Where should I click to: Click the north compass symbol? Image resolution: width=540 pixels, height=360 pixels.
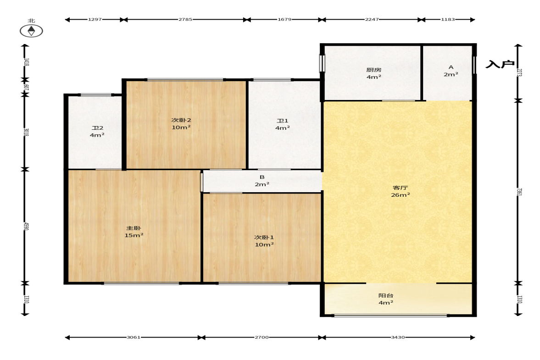[31, 31]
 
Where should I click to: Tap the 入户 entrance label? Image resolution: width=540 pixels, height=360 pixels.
[500, 64]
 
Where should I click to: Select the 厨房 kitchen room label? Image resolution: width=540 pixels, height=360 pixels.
[373, 70]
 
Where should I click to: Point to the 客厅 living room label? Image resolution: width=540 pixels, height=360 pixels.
[400, 188]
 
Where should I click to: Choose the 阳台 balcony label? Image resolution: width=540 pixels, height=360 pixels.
[386, 295]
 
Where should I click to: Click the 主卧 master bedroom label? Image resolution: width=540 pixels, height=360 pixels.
[134, 228]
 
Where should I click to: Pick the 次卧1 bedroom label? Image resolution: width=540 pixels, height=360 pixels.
[264, 237]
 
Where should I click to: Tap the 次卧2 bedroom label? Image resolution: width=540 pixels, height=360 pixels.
[181, 120]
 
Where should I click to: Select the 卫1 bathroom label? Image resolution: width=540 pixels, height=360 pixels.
[283, 121]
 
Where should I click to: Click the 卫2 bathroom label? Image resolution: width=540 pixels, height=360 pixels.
[97, 127]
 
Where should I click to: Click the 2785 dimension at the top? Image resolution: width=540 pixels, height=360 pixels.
[185, 19]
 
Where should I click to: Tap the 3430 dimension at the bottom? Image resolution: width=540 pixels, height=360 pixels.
[398, 337]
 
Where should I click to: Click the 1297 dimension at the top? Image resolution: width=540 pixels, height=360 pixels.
[95, 19]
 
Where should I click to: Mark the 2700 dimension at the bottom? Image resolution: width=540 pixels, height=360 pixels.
[262, 337]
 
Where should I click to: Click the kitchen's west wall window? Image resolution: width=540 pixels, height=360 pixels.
[322, 63]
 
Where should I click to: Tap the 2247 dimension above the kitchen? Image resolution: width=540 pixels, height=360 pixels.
[372, 19]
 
